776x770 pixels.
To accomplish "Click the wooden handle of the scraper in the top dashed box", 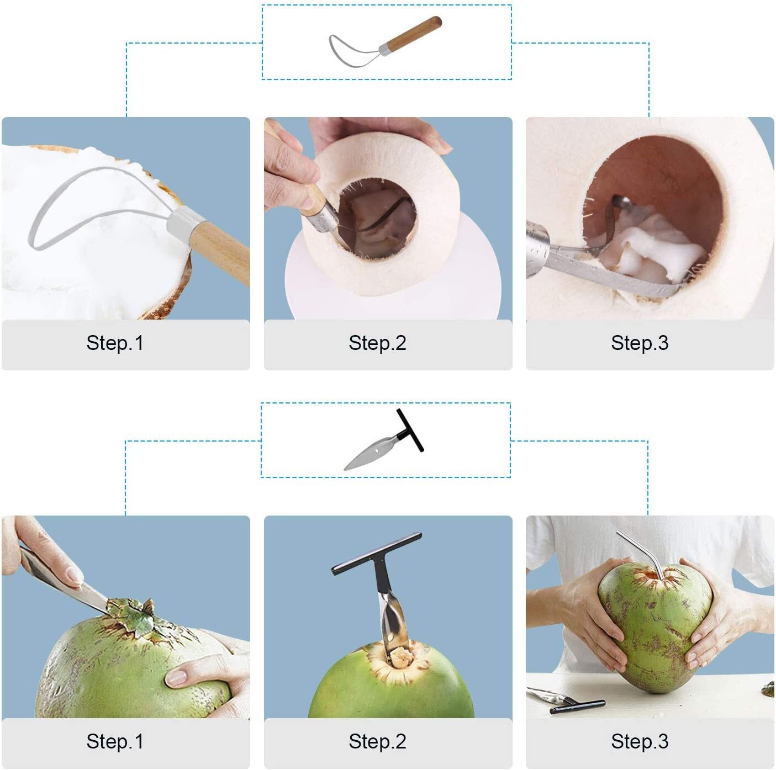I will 415,33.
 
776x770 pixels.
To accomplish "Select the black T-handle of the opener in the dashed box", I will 410,431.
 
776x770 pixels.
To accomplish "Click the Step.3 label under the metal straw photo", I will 640,741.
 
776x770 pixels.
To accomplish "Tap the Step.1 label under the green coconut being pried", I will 115,741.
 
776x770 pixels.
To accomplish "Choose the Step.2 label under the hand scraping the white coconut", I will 377,343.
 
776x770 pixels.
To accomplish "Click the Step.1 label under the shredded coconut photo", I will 115,343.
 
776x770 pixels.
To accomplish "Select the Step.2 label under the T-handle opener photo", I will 377,741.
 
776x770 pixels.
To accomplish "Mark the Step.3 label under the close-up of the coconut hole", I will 640,343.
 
